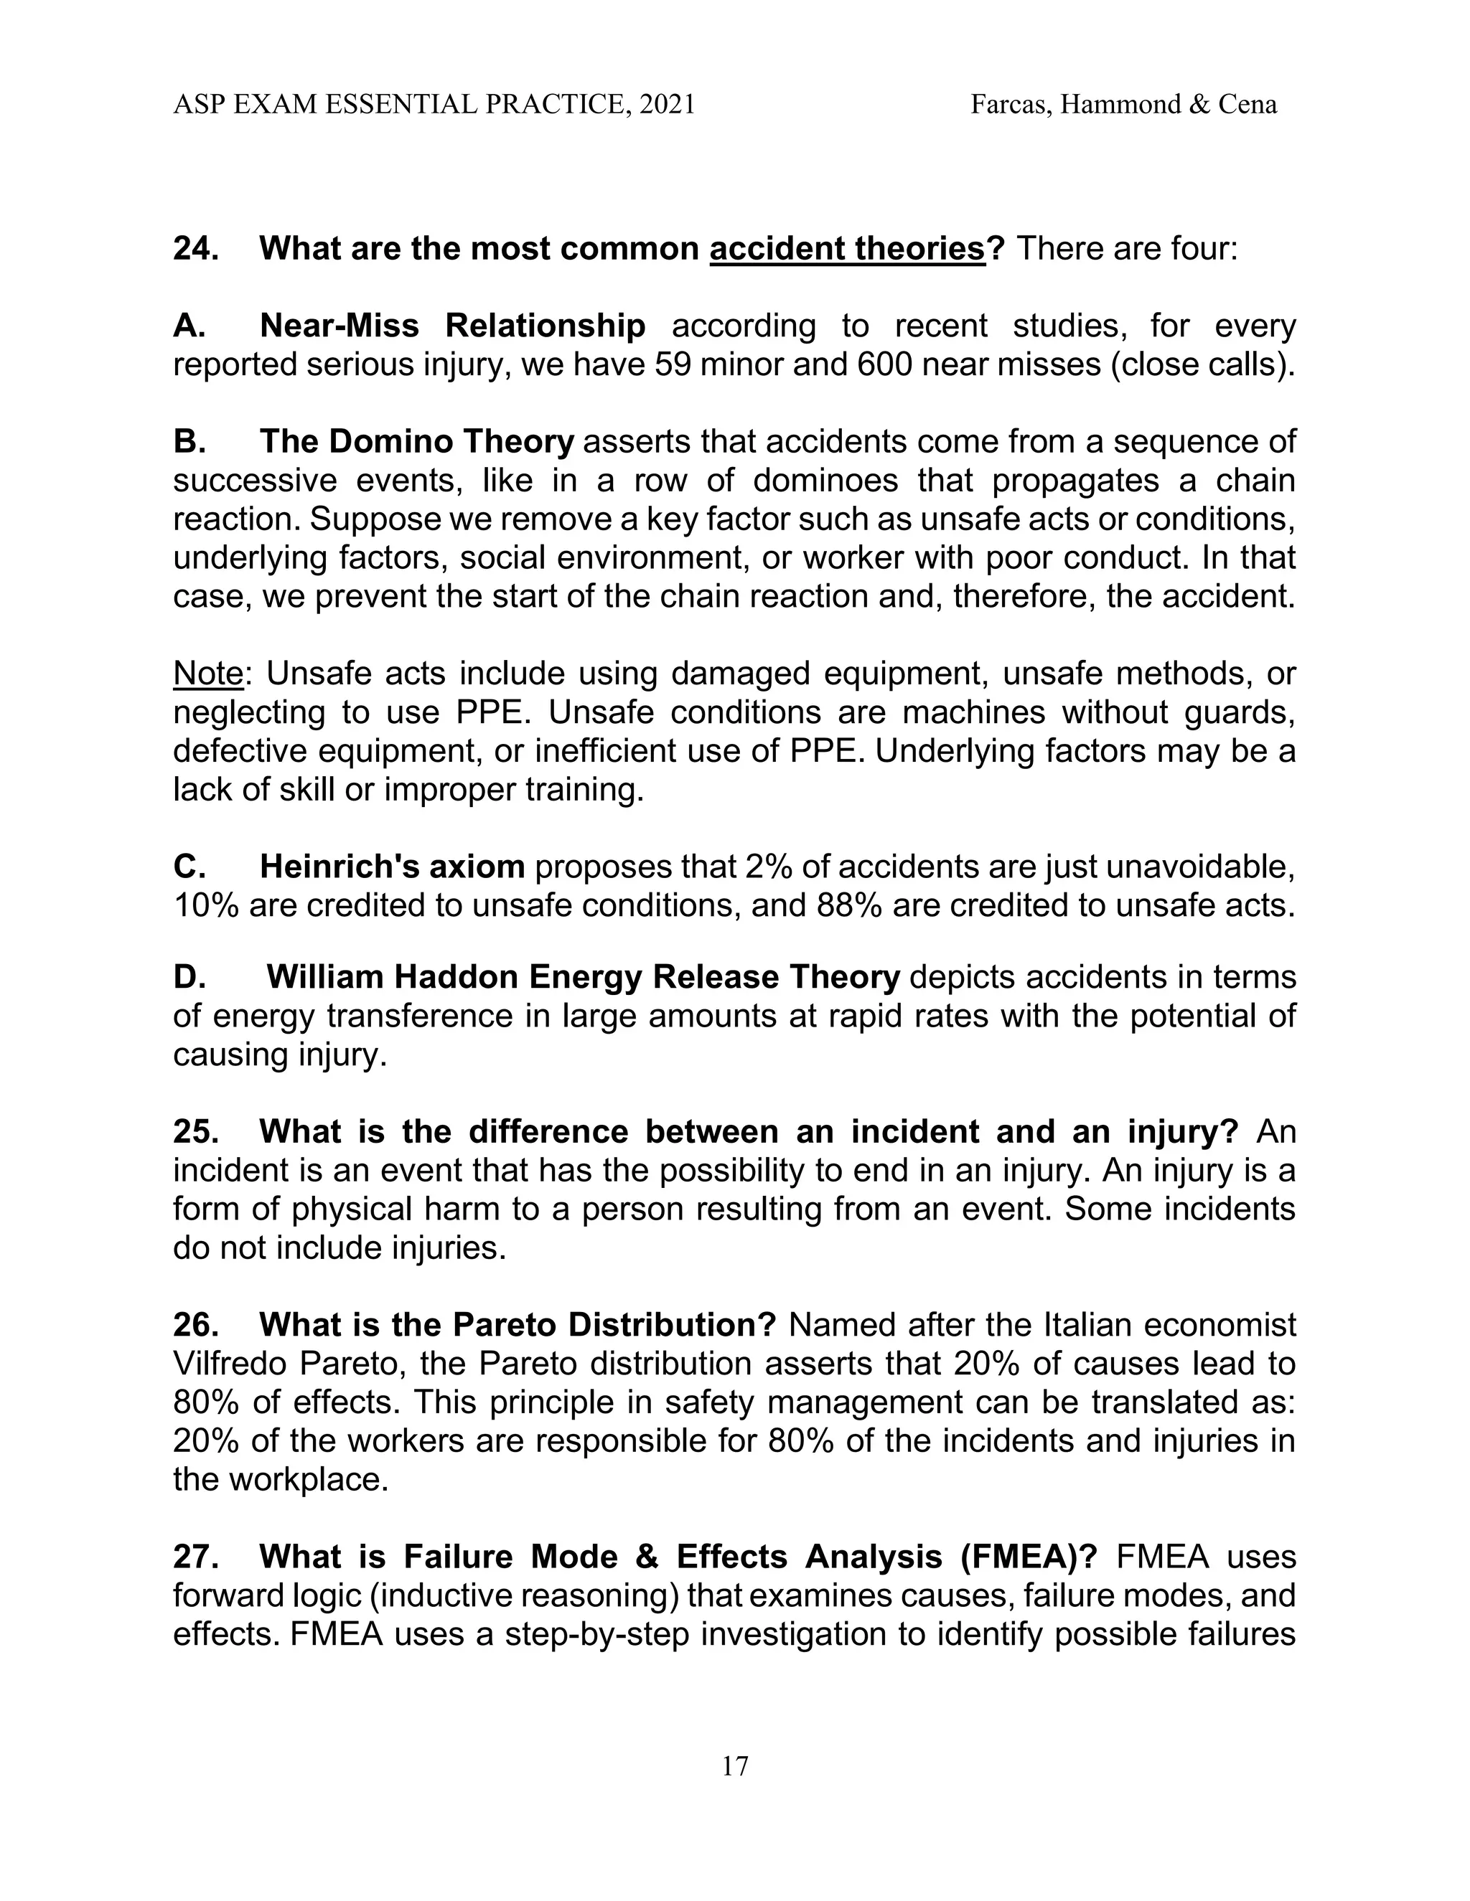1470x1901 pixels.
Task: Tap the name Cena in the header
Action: pyautogui.click(x=1248, y=105)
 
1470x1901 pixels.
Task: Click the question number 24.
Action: pyautogui.click(x=195, y=249)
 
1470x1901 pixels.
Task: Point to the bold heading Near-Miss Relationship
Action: pyautogui.click(x=452, y=326)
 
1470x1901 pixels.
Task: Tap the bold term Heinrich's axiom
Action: pyautogui.click(x=392, y=867)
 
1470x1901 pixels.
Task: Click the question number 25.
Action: pyautogui.click(x=195, y=1131)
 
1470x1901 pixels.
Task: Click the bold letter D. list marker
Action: pyautogui.click(x=189, y=978)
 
